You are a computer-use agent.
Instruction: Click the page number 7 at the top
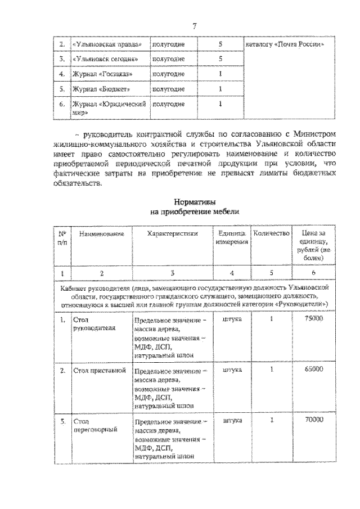point(193,25)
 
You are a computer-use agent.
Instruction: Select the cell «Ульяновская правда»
point(106,44)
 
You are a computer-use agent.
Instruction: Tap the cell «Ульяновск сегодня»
point(105,58)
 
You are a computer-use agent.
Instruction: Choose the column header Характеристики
point(172,233)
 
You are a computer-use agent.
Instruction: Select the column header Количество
point(271,233)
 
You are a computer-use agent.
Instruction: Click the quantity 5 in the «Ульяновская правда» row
point(220,44)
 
